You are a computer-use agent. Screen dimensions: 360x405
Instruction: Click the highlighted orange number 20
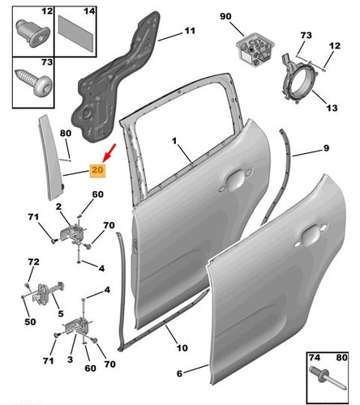click(97, 170)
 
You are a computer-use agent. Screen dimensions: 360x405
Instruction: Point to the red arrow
click(109, 152)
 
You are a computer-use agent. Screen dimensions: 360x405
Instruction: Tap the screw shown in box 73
click(33, 82)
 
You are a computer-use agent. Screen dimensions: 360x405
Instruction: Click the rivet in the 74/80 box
click(328, 377)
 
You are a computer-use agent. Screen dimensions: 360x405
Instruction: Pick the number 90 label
click(225, 16)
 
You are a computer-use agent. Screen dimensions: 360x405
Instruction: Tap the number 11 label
click(190, 31)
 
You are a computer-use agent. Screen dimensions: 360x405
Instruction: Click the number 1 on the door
click(174, 141)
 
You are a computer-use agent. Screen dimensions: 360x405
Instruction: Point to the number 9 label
click(326, 148)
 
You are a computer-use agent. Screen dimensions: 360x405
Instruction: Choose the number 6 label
click(180, 373)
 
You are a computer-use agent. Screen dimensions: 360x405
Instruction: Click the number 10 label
click(182, 347)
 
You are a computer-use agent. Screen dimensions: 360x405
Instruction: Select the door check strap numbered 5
click(43, 292)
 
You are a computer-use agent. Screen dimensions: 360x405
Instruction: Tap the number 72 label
click(33, 262)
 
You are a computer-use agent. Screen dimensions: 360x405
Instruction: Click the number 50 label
click(30, 322)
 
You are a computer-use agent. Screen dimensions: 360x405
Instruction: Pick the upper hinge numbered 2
click(72, 233)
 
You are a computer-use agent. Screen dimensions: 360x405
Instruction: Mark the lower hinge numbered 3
click(78, 326)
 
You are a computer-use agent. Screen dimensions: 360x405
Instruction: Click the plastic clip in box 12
click(33, 33)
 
